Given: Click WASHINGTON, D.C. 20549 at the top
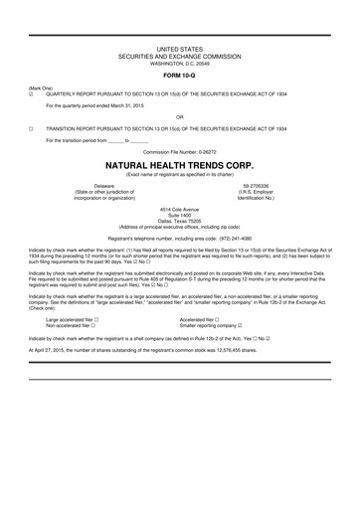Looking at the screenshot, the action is pyautogui.click(x=180, y=66).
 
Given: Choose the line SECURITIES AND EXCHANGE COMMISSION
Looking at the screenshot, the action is pyautogui.click(x=180, y=59).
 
